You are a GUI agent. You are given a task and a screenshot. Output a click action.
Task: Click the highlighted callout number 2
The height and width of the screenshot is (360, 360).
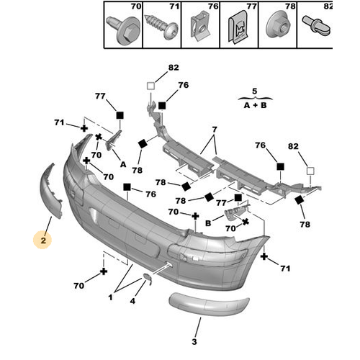click(x=43, y=240)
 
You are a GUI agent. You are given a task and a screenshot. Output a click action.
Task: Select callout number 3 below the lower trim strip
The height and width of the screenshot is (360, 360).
click(x=194, y=342)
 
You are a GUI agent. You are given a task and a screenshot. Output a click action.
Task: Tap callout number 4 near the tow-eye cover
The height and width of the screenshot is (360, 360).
click(x=132, y=301)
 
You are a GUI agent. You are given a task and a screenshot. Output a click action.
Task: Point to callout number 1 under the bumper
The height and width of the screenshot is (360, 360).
click(x=110, y=297)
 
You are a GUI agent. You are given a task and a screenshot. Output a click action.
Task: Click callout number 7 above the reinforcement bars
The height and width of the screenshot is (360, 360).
click(x=215, y=130)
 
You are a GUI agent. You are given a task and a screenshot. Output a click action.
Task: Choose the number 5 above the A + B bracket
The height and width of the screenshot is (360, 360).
click(x=255, y=91)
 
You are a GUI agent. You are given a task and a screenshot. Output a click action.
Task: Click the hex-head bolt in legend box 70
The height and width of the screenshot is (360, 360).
click(x=124, y=30)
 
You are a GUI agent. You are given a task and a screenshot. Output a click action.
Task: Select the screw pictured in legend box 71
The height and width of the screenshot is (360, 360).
click(x=161, y=27)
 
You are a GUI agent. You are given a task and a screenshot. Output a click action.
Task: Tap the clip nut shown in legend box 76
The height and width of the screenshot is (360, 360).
click(x=200, y=28)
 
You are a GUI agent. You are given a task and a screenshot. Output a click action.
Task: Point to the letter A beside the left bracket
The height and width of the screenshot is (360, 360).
click(x=123, y=165)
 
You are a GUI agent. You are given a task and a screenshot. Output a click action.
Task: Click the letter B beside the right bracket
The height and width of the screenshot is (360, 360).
click(x=208, y=223)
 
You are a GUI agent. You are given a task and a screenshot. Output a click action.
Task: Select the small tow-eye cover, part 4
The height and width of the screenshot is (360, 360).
click(x=148, y=279)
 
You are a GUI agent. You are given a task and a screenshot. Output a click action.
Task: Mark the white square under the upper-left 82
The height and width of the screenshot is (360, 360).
click(x=150, y=86)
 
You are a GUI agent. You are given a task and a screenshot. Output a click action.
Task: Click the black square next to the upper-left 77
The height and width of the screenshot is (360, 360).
click(x=120, y=115)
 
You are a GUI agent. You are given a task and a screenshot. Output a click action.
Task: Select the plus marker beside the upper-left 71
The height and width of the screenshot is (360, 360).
click(x=84, y=128)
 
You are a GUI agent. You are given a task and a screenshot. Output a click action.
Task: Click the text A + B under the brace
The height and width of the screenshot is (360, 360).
click(x=255, y=105)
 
